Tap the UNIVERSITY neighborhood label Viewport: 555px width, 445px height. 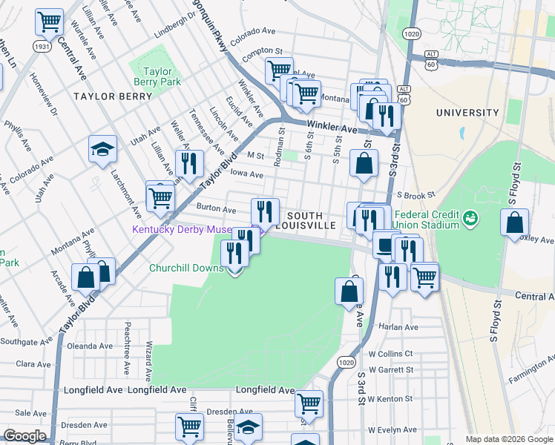click(467, 113)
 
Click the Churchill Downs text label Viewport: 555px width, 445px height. click(185, 268)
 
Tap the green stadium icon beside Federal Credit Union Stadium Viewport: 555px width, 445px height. click(469, 218)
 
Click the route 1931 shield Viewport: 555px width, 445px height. click(42, 46)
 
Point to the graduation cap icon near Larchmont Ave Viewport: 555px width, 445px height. click(102, 150)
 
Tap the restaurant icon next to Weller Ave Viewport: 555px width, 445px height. click(189, 163)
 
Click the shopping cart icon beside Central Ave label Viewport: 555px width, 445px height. click(49, 22)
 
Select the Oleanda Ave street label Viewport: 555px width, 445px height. click(90, 346)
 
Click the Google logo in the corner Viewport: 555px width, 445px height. click(25, 435)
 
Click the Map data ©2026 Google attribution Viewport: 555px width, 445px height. click(508, 439)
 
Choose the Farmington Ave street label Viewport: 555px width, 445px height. click(531, 373)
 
